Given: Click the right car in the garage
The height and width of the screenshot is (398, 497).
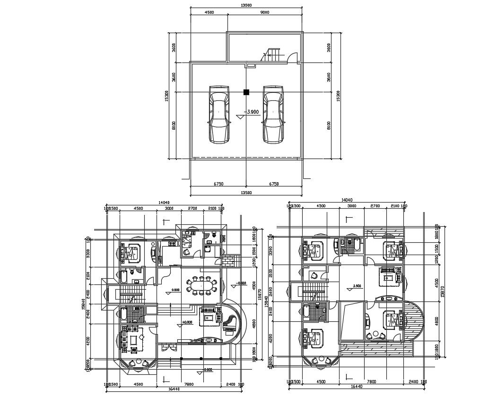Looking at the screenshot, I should coord(274,114).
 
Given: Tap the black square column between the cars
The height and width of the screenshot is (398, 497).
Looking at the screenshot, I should coord(246,92).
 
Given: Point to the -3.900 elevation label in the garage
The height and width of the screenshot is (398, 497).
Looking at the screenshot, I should coord(251,112).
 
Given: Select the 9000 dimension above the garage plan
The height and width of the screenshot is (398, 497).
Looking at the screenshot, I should coord(265,13).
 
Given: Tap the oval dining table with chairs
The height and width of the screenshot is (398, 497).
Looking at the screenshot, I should coord(202,285).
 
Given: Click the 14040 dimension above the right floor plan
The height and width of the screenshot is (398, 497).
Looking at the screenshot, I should coord(347,201).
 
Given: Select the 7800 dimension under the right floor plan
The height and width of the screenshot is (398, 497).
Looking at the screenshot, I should coord(371,381).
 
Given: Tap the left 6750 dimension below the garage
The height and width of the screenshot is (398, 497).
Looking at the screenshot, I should coord(218,184).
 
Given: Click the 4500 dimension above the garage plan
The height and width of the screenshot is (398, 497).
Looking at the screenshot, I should coord(209,13).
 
